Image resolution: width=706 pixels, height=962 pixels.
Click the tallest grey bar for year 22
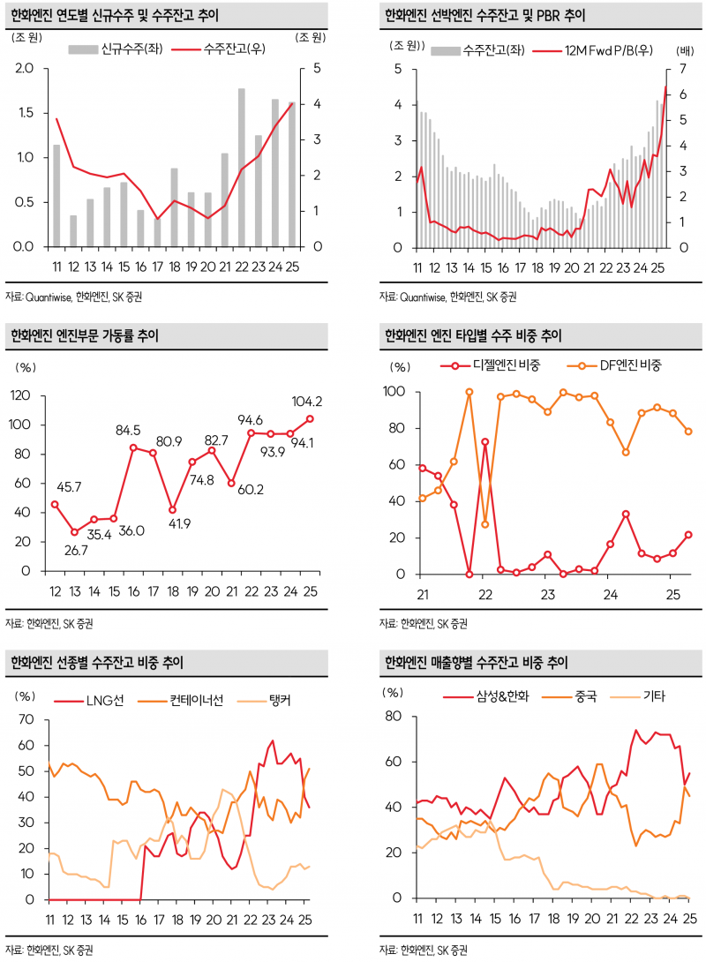pyautogui.click(x=241, y=168)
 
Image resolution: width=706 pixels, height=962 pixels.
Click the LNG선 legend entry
pyautogui.click(x=96, y=701)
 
